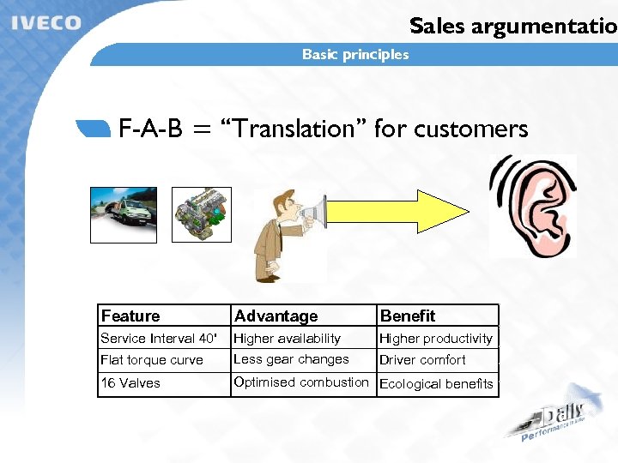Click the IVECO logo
[x=45, y=22]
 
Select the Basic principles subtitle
[x=355, y=55]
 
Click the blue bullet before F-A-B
[x=94, y=129]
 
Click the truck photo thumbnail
[x=124, y=214]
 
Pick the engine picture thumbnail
[x=202, y=214]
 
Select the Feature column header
[x=130, y=316]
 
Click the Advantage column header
[x=276, y=316]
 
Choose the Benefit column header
[x=408, y=316]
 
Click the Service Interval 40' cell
[x=159, y=339]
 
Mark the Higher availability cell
[x=288, y=339]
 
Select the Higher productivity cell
[x=436, y=339]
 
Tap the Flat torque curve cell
[x=152, y=360]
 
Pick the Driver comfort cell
[x=422, y=360]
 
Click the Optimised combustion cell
[x=301, y=382]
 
